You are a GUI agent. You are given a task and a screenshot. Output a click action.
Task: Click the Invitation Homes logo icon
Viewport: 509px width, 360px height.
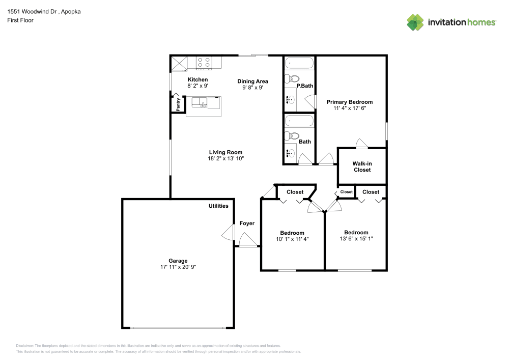[415, 22]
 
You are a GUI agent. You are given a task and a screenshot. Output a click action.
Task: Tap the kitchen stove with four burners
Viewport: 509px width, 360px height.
[204, 63]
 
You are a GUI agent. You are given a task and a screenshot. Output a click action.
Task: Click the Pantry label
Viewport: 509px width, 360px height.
[178, 105]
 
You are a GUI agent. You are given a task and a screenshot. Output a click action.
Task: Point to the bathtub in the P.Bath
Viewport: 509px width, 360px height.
[299, 64]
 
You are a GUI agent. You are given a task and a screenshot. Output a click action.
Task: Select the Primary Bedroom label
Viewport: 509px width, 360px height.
[349, 102]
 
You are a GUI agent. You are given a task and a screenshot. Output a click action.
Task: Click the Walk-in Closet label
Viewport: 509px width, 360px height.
[362, 167]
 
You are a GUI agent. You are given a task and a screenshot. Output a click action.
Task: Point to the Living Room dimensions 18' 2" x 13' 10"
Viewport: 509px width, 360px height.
[225, 159]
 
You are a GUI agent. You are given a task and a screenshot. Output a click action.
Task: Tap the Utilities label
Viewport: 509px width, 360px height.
[218, 206]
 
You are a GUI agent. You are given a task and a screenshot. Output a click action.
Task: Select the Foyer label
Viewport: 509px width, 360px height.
[247, 223]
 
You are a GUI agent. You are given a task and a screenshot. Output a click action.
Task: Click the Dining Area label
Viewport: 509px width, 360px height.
[252, 81]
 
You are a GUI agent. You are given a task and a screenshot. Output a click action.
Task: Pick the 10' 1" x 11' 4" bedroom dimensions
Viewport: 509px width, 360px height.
[292, 239]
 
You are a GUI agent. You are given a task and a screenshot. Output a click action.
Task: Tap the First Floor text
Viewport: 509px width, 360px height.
[20, 20]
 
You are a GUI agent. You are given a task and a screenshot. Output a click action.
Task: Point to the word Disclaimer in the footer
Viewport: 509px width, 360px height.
[24, 345]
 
